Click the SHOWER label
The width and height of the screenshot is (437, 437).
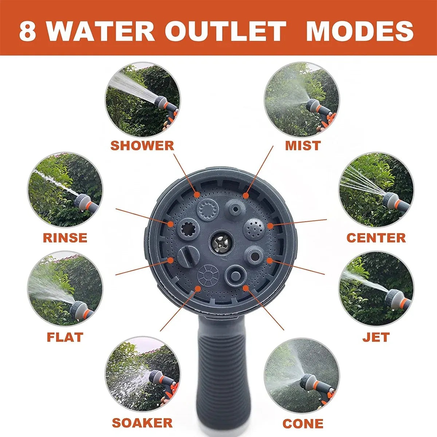[142, 146]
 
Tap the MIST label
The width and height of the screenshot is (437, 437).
[303, 146]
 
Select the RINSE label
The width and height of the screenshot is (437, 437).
[65, 238]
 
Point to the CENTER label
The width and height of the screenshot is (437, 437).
[376, 238]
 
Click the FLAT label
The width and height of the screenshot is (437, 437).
[65, 337]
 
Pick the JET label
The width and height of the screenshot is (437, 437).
[376, 337]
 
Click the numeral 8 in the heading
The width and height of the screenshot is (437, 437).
[27, 31]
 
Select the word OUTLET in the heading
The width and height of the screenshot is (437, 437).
[225, 31]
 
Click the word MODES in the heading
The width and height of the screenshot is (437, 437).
[360, 31]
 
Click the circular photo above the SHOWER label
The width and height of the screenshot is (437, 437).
[143, 100]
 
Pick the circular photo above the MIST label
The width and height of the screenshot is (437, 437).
[302, 100]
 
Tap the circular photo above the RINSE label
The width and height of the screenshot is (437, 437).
[65, 190]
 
